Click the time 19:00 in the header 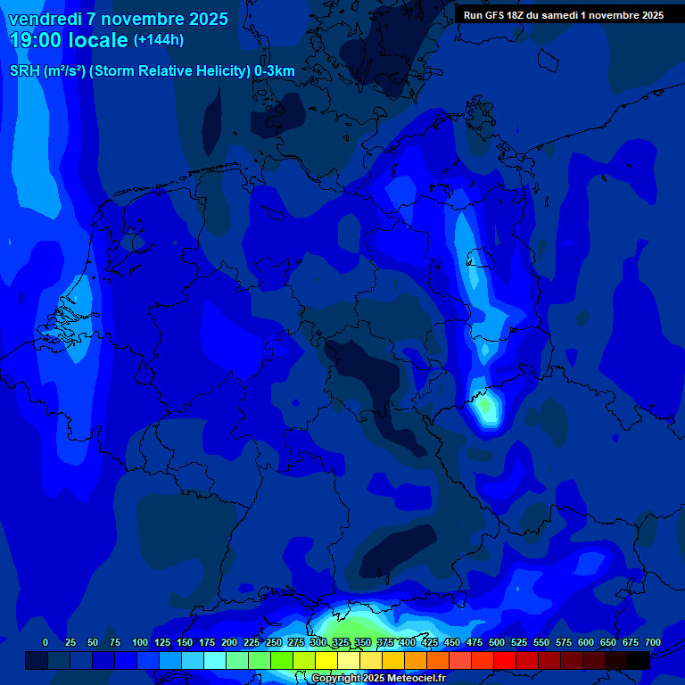coord(35,40)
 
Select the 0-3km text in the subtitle coord(275,71)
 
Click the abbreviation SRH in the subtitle coord(25,71)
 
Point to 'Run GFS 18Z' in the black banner coord(496,15)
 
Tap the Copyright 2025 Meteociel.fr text coord(378,679)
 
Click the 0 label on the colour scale coord(45,643)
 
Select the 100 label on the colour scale coord(140,643)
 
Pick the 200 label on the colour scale coord(229,643)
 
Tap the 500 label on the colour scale coord(497,643)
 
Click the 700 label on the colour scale coord(653,643)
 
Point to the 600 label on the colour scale coord(586,643)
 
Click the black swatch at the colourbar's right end coord(639,660)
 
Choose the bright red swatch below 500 coord(505,660)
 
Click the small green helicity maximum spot coord(484,407)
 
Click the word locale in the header coord(98,40)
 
